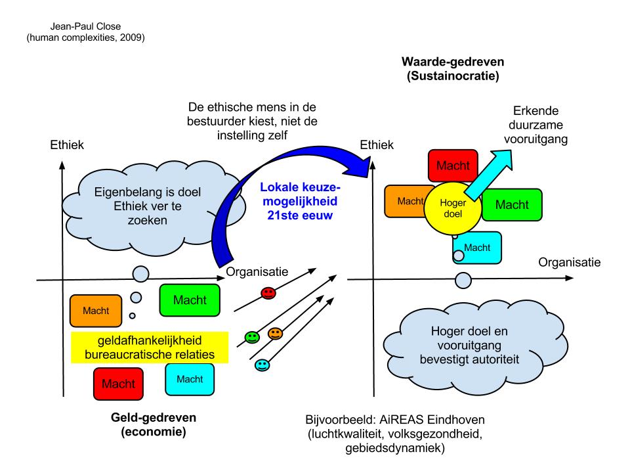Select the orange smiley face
(275, 334)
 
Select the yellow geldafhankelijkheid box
(150, 347)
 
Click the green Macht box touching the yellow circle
(512, 204)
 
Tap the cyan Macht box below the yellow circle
(477, 247)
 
